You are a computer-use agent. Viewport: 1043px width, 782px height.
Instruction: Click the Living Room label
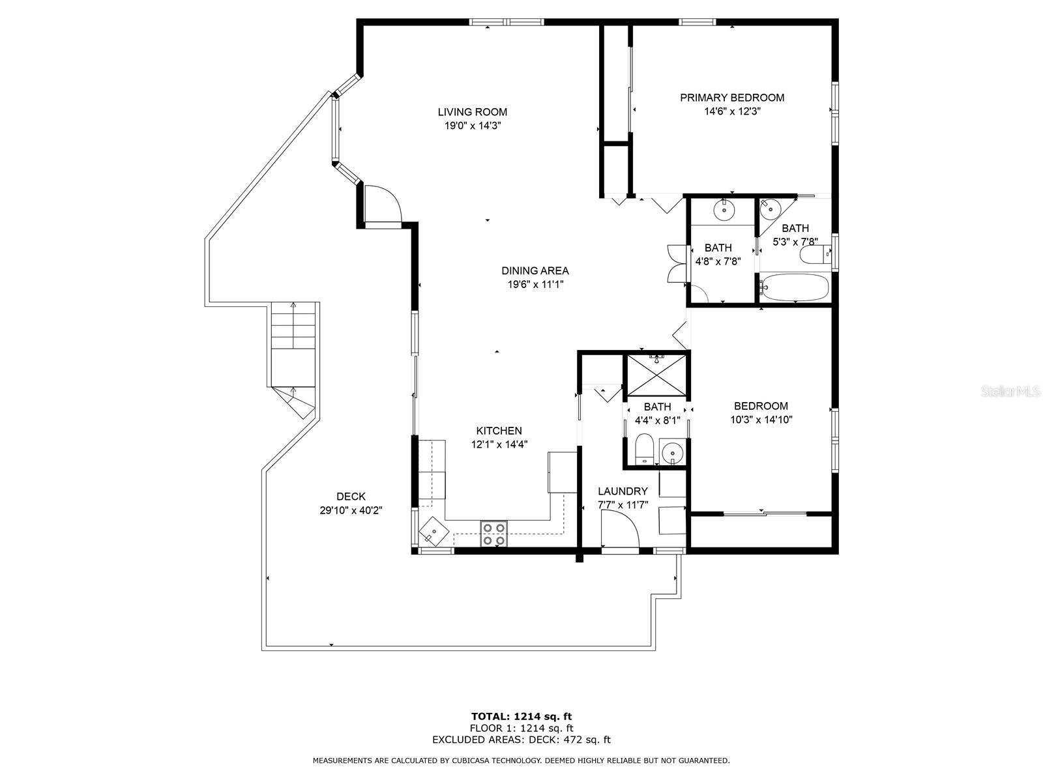(x=473, y=112)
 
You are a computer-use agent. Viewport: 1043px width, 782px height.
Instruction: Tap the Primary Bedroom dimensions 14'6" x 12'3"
(x=732, y=111)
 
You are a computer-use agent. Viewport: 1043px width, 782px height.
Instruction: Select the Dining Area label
(x=535, y=270)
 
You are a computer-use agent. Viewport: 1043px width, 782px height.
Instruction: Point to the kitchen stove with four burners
(x=493, y=534)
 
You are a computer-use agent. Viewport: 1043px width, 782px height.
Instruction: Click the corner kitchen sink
(x=434, y=531)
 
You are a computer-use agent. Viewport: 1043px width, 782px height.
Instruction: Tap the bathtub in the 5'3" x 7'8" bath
(x=795, y=287)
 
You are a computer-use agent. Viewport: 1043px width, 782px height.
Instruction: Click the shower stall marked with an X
(x=657, y=375)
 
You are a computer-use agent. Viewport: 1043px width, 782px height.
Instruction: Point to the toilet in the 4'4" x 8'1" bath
(x=645, y=449)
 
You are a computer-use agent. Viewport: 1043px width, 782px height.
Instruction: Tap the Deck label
(x=351, y=497)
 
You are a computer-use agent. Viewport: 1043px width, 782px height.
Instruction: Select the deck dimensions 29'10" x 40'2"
(x=351, y=510)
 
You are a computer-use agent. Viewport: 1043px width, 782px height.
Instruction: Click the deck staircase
(x=293, y=360)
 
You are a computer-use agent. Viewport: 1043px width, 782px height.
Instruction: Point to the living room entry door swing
(x=383, y=203)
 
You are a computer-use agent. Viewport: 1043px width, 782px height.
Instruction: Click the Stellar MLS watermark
(x=1009, y=392)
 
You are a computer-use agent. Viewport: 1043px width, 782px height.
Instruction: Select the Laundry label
(x=623, y=491)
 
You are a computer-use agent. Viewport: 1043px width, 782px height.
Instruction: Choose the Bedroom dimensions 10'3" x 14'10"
(x=761, y=420)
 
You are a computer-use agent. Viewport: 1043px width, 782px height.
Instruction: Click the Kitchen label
(x=499, y=431)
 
